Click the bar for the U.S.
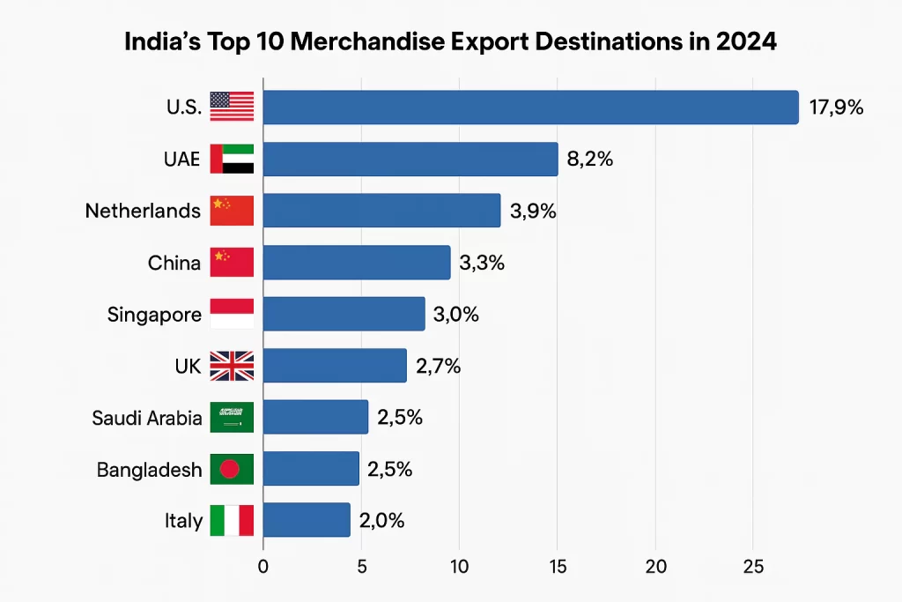coord(530,108)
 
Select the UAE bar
coord(410,159)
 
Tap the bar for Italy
coord(307,520)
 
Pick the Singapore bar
coord(344,314)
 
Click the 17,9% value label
coord(836,108)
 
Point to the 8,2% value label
coord(589,160)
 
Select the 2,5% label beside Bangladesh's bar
coord(389,469)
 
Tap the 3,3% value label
coord(481,263)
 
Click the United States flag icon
coord(232,107)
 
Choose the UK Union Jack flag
coord(232,366)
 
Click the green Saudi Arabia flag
coord(232,418)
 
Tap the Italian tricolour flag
coord(232,520)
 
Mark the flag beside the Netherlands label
coord(232,211)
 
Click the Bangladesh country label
coord(149,470)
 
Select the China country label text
coord(174,263)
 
